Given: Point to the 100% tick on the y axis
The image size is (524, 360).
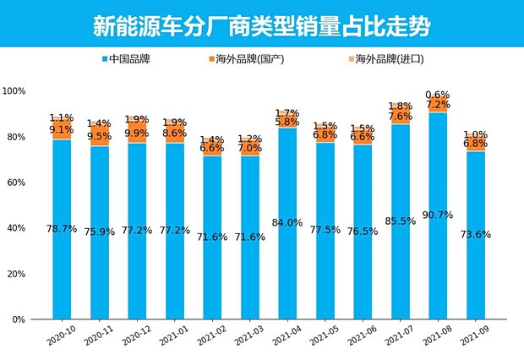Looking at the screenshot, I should pos(14,91).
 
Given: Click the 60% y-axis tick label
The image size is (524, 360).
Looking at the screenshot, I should pos(16,183).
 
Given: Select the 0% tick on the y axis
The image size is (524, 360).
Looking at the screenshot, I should pos(19,320).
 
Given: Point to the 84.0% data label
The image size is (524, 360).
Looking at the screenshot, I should pos(287,223).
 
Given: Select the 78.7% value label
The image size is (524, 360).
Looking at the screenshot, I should pos(62,229).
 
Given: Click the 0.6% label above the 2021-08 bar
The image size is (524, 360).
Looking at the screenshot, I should pos(437,95).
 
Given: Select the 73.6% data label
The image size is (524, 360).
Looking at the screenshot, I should pos(474,234).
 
